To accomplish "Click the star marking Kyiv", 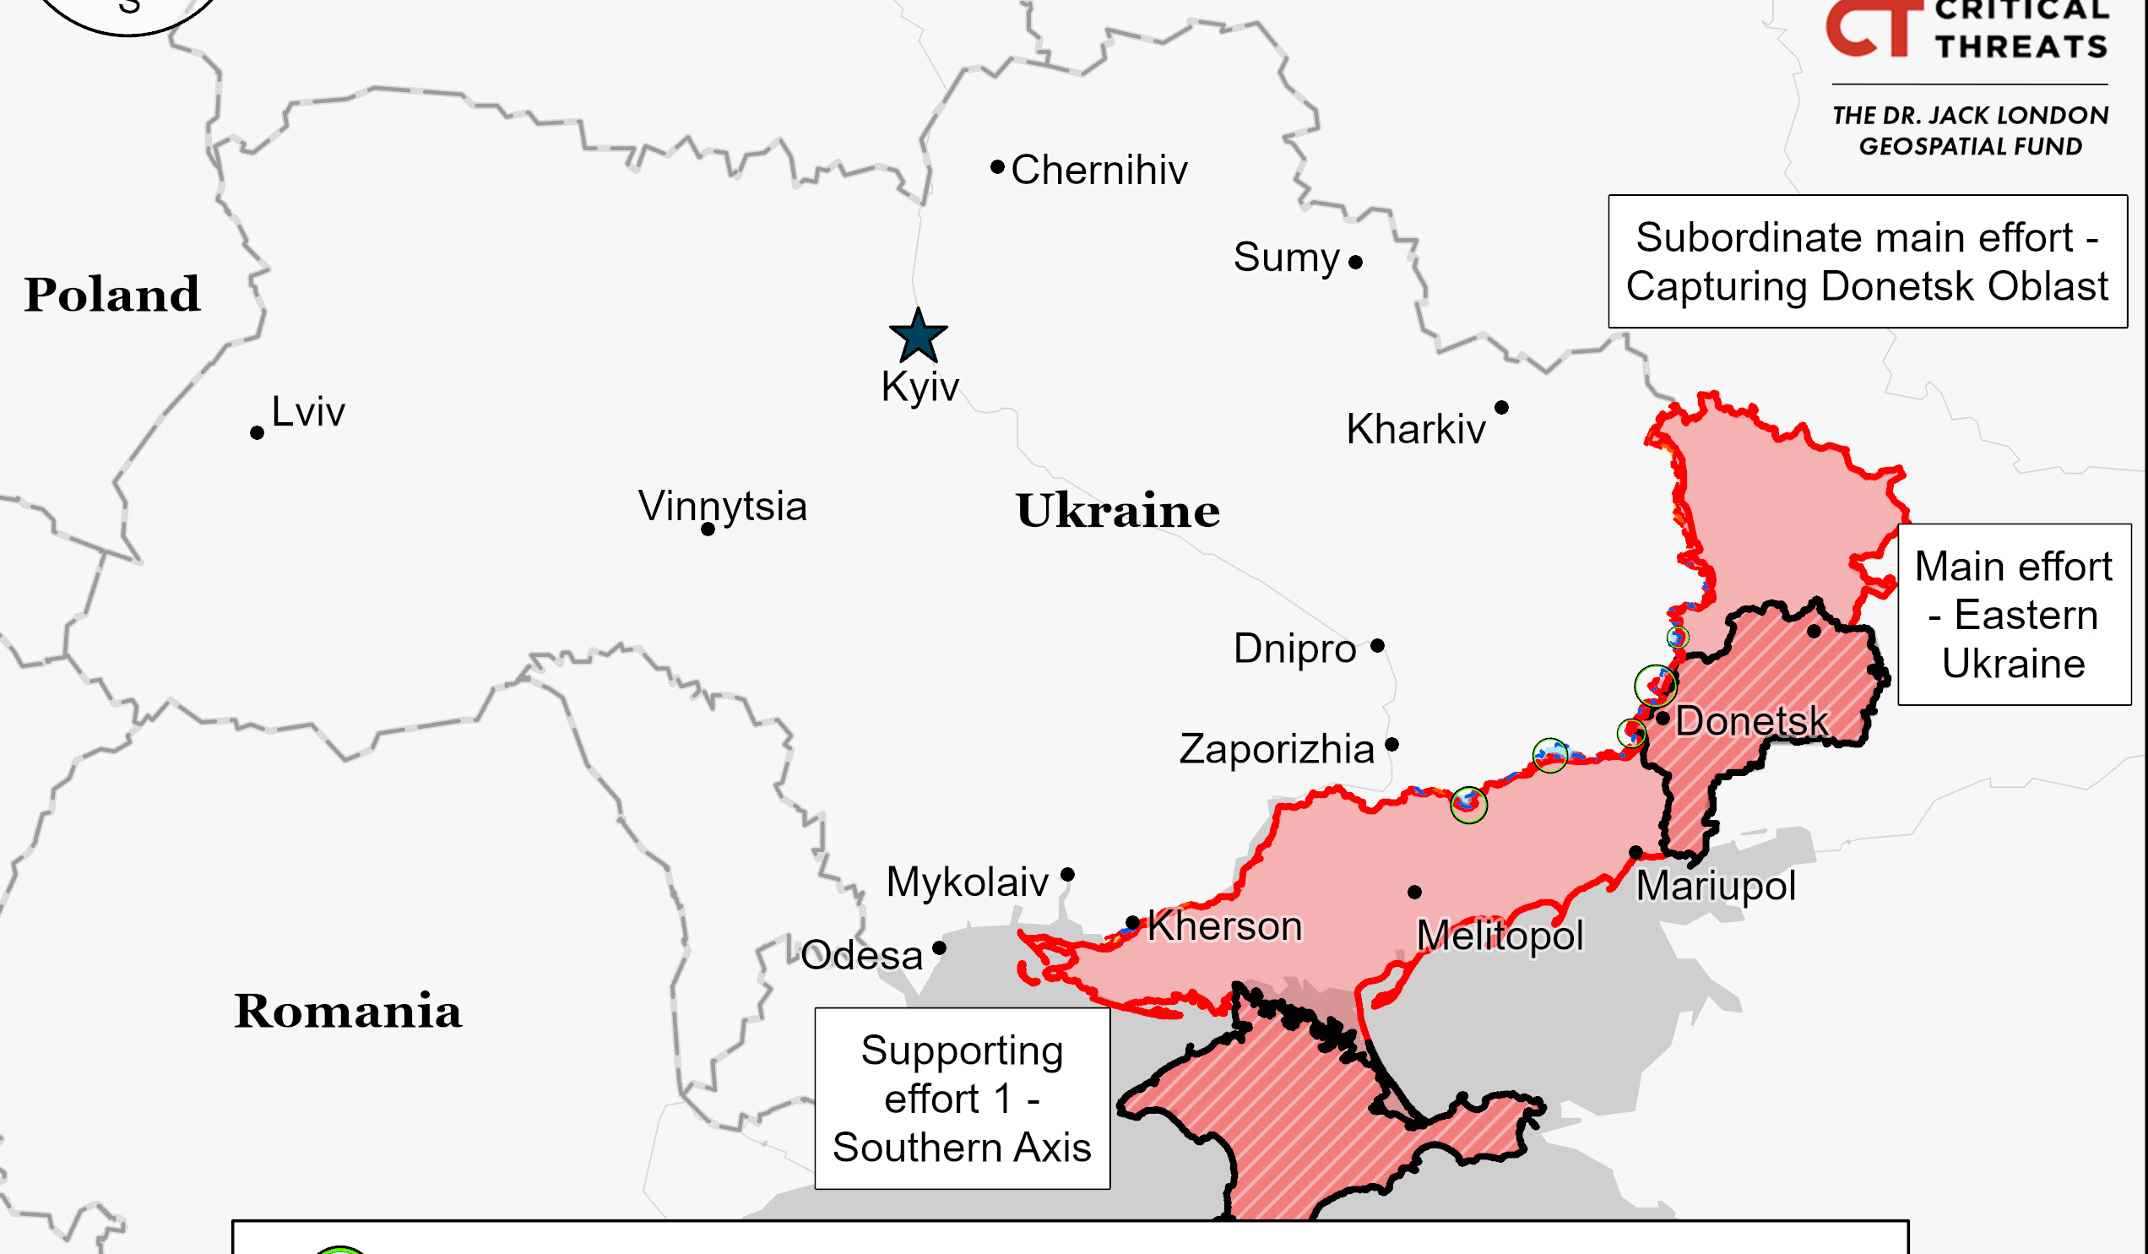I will coord(918,337).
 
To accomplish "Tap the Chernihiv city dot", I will coord(997,167).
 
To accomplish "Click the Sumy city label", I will coord(1286,258).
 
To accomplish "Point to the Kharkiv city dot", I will coord(1502,408).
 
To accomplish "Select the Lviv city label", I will coord(307,413).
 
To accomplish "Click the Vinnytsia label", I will coord(722,507).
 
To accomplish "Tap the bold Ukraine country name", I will coord(1117,512).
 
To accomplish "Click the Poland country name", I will coord(111,295).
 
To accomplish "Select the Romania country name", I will coord(348,1012).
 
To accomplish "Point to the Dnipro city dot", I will coord(1377,646).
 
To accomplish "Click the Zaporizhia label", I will coord(1277,749).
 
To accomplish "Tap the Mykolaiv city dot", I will coord(1068,875).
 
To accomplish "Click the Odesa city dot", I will coord(939,948).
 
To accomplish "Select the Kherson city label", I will coord(1225,926).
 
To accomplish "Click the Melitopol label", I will coord(1500,936).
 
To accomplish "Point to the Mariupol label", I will coord(1716,887).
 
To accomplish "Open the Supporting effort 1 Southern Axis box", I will coord(963,1099).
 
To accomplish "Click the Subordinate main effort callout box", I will coord(1868,262).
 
